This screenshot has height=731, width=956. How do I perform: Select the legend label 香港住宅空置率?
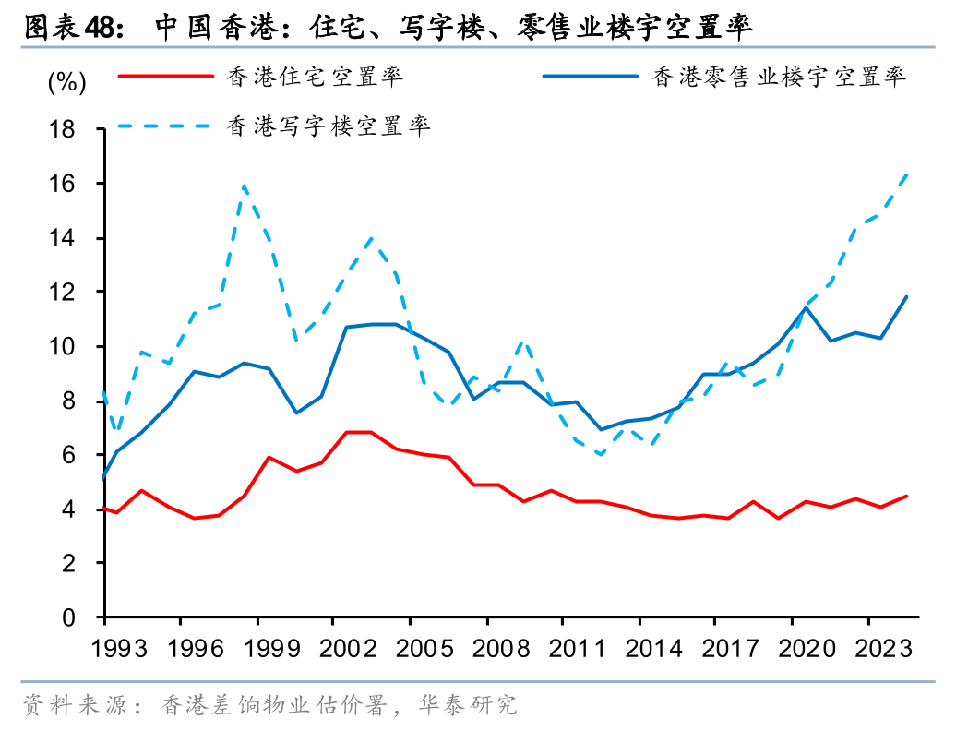[x=315, y=77]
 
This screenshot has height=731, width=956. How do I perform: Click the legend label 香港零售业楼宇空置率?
[x=779, y=77]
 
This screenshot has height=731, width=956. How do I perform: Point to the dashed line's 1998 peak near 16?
[x=244, y=186]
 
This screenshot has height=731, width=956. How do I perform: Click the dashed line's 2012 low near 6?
[x=602, y=454]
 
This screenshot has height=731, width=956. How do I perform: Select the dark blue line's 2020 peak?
[x=807, y=307]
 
